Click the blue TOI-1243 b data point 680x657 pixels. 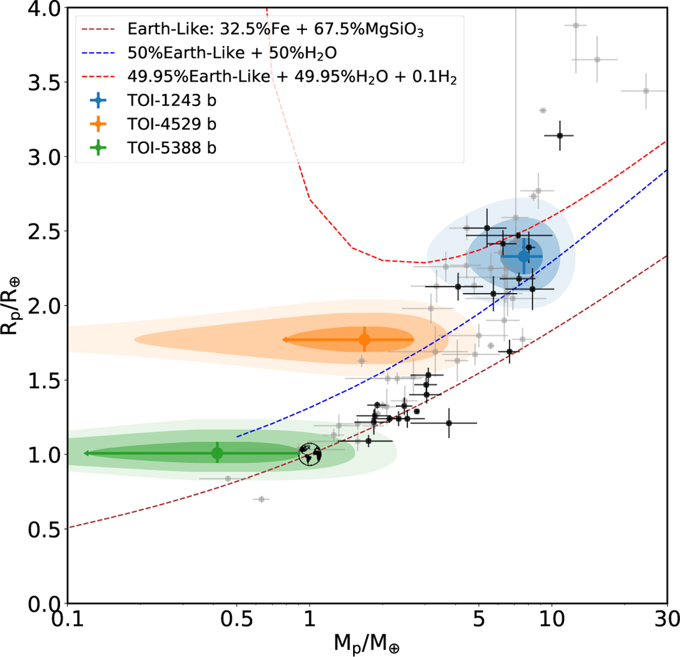[x=524, y=256]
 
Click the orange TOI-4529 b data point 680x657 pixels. [x=364, y=340]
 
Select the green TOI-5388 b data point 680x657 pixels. [x=217, y=453]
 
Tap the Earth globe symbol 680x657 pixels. [x=310, y=454]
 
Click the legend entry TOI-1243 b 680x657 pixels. [x=172, y=101]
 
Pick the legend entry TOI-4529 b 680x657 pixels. [x=172, y=124]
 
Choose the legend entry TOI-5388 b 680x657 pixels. [x=172, y=148]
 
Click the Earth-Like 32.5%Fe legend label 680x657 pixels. [x=275, y=29]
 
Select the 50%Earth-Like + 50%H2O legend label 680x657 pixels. [x=232, y=53]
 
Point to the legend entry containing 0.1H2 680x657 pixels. [x=292, y=77]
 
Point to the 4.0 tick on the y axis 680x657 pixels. [x=43, y=9]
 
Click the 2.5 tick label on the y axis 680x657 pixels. [x=43, y=231]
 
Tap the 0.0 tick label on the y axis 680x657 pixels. [x=43, y=604]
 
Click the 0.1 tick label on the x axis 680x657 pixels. [x=67, y=620]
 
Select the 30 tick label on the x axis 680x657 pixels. [x=666, y=620]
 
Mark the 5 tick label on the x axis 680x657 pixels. [x=479, y=620]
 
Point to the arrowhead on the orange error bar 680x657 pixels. [x=284, y=340]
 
